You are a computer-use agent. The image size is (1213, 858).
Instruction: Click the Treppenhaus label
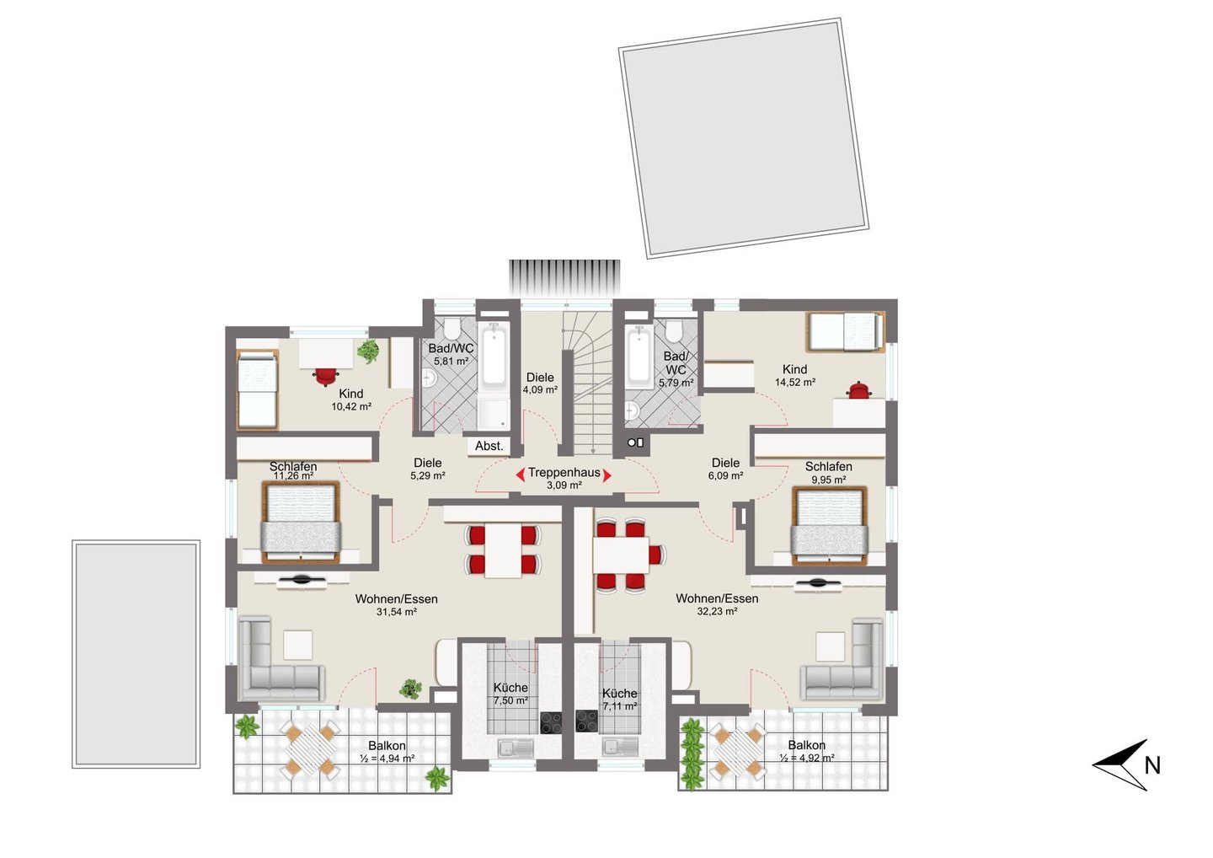click(x=564, y=472)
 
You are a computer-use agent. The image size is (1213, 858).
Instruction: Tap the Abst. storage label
click(x=489, y=446)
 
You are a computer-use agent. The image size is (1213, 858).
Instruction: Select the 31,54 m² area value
click(x=397, y=612)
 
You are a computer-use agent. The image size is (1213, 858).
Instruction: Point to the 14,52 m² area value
click(x=795, y=382)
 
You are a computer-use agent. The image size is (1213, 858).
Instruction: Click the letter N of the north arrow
click(x=1152, y=765)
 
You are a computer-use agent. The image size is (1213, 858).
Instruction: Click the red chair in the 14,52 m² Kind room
click(x=859, y=390)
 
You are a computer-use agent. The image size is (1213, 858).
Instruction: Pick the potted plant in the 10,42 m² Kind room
click(x=368, y=351)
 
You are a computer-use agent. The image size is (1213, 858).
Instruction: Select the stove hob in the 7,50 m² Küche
click(x=551, y=722)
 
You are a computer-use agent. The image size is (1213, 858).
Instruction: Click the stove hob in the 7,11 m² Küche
click(x=586, y=721)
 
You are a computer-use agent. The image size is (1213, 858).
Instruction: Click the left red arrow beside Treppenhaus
click(x=520, y=475)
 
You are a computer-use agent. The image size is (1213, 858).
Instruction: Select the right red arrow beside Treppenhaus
click(x=607, y=475)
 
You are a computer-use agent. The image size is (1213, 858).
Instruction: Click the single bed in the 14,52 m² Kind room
click(x=845, y=331)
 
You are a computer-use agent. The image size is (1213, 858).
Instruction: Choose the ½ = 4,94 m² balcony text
click(x=387, y=759)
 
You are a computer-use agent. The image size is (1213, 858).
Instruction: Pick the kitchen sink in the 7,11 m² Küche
click(x=620, y=748)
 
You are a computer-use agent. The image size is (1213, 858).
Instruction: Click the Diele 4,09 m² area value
click(x=541, y=389)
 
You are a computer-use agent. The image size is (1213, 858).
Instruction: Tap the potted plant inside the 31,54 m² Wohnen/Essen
click(x=410, y=689)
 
